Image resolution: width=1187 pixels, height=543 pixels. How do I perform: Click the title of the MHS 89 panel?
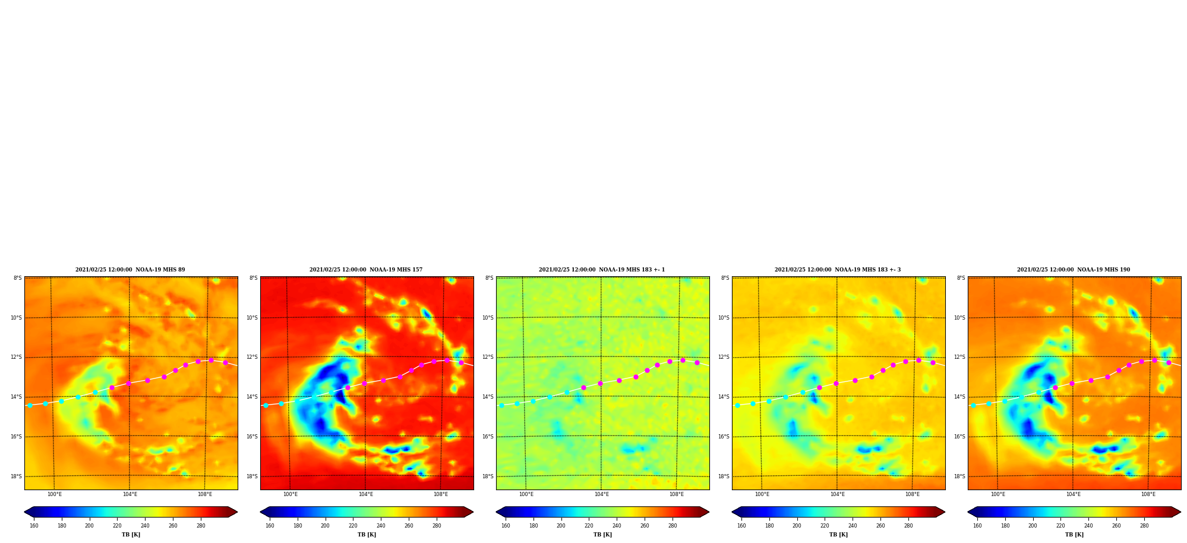[130, 270]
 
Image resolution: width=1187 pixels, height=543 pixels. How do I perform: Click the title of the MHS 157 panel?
[366, 270]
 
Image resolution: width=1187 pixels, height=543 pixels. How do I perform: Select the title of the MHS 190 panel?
[1074, 270]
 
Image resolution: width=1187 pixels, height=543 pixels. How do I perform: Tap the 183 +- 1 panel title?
[602, 270]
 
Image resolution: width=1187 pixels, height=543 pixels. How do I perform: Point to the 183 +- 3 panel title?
[838, 270]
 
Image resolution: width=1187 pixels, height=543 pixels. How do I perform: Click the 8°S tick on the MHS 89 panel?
[18, 278]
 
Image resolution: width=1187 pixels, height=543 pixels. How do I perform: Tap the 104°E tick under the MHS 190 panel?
[1073, 494]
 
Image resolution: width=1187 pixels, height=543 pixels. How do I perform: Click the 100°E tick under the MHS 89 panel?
[54, 494]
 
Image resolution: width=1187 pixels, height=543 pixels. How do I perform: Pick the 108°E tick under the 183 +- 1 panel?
[677, 494]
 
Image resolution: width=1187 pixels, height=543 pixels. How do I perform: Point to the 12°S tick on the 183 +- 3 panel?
[724, 357]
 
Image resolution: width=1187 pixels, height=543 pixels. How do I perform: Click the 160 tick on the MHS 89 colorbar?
[34, 526]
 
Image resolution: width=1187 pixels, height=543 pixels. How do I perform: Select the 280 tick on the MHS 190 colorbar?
[1144, 526]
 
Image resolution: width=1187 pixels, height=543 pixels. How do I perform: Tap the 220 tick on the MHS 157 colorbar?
[353, 526]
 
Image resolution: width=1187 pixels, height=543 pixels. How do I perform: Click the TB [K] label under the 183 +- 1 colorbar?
[602, 535]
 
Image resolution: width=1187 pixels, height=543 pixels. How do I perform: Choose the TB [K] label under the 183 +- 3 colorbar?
[838, 535]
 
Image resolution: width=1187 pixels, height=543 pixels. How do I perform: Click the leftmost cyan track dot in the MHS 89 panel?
[30, 405]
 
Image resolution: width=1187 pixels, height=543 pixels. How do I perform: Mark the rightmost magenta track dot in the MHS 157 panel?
[461, 362]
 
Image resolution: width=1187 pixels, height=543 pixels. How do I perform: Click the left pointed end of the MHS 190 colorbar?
[968, 512]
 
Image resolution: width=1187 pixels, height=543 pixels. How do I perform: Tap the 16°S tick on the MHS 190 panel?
[959, 437]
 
